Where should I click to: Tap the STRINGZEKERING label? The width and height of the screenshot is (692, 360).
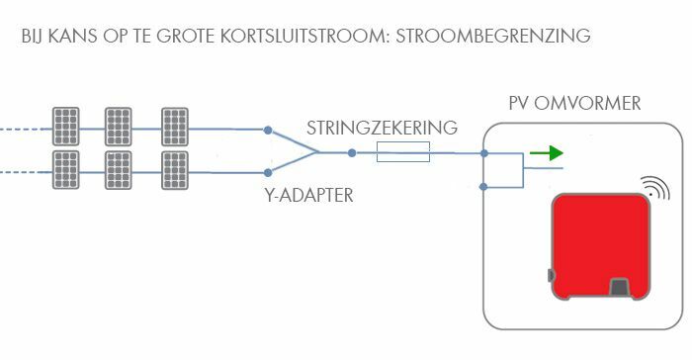[x=382, y=129]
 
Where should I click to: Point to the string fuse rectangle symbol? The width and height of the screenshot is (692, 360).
[x=403, y=152]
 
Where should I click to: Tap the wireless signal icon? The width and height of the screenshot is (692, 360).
[x=653, y=188]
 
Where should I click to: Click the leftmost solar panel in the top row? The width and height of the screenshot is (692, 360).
[x=66, y=127]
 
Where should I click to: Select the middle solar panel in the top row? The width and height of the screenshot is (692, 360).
[x=120, y=127]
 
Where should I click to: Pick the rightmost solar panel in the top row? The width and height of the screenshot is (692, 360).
[x=175, y=127]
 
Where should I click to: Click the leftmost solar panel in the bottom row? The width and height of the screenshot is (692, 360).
[x=66, y=170]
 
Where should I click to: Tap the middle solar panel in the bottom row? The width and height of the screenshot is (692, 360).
[x=120, y=170]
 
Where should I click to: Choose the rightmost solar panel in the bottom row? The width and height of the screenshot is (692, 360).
[x=175, y=170]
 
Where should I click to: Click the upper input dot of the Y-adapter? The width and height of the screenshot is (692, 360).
[x=268, y=130]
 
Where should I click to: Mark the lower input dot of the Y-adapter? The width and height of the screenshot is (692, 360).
[x=268, y=173]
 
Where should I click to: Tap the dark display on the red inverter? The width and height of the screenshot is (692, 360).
[x=621, y=288]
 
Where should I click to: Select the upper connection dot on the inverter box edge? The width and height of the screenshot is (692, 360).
[x=483, y=153]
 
